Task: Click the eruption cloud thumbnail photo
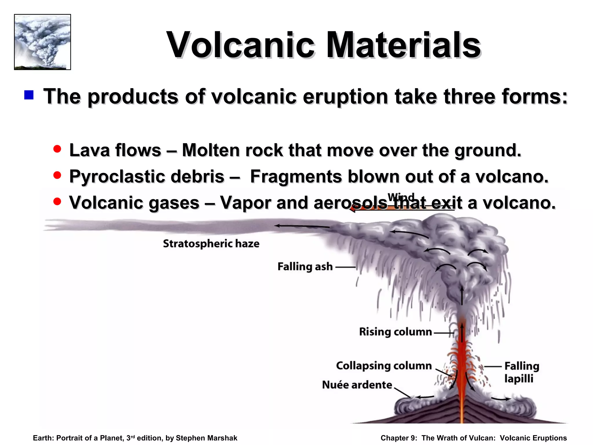[42, 42]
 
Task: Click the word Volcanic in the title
[241, 45]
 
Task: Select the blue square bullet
[29, 95]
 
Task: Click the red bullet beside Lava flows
[57, 149]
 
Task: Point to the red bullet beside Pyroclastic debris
[57, 175]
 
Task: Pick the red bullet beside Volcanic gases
[57, 201]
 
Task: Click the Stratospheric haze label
[211, 244]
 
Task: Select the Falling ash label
[305, 267]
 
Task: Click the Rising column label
[395, 332]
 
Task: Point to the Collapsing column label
[384, 366]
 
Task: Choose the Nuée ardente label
[357, 385]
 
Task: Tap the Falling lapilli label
[521, 372]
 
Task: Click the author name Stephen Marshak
[206, 438]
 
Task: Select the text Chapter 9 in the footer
[399, 438]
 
